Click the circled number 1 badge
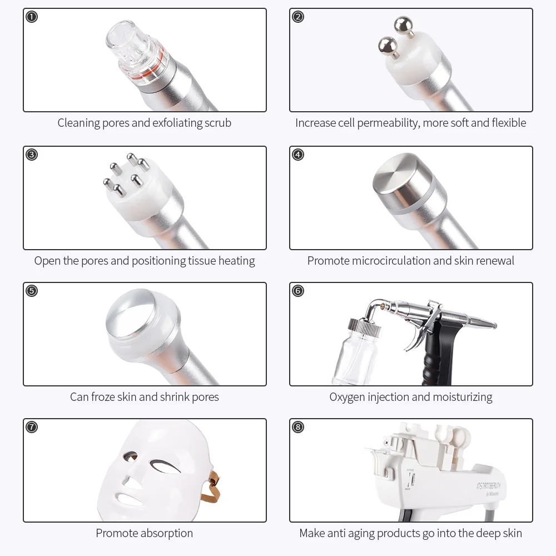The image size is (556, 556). (x=32, y=17)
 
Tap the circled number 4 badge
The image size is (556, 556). (x=298, y=155)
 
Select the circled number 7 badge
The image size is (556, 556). (x=32, y=427)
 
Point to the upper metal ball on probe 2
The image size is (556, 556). (x=400, y=25)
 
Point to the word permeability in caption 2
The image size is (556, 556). (x=387, y=123)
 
